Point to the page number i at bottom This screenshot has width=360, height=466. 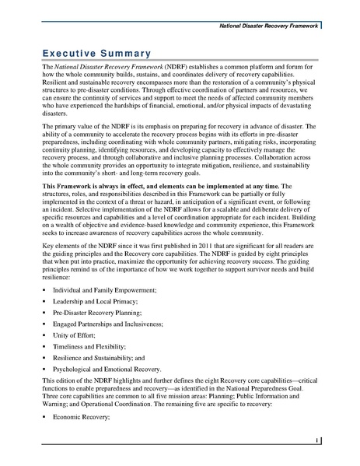tap(319, 440)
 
